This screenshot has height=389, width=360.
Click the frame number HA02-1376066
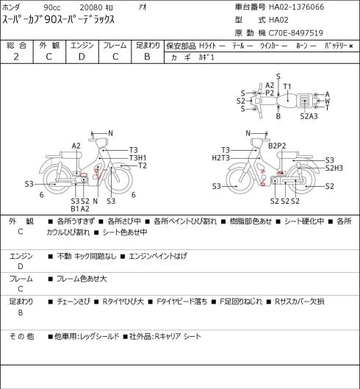tap(297, 7)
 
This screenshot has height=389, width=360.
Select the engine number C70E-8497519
tap(296, 33)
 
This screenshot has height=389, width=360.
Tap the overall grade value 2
tap(16, 57)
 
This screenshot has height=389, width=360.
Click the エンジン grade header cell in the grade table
tap(82, 46)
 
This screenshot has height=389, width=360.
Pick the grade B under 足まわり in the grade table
tap(147, 57)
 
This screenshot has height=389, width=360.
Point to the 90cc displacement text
tap(52, 7)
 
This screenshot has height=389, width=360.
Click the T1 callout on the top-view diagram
tap(287, 87)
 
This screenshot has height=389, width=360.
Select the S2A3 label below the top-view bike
tap(309, 116)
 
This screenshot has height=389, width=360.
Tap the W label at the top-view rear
tap(327, 101)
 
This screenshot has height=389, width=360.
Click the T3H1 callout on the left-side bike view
tap(138, 158)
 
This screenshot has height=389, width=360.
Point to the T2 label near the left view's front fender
tap(143, 165)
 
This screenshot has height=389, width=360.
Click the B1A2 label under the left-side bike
tap(80, 209)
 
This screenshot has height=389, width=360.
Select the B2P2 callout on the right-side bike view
tap(277, 146)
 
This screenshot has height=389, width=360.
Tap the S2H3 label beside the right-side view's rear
tap(334, 168)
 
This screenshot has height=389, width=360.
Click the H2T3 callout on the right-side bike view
tap(221, 158)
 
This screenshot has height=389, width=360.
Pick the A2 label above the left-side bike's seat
tap(76, 146)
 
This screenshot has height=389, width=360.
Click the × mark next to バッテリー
tap(351, 46)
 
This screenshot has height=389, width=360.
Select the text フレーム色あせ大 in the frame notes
tap(82, 279)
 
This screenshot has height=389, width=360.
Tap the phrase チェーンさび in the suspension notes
tap(73, 301)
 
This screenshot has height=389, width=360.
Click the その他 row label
tap(21, 337)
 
